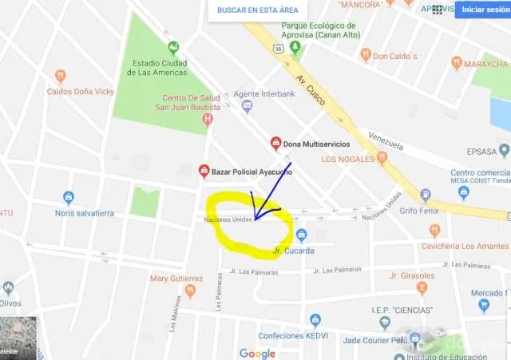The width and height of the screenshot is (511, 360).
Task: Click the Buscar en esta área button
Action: (x=257, y=10)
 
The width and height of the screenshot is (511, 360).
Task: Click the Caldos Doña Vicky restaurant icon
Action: (x=61, y=77)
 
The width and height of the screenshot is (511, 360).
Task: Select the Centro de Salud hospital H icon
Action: (x=208, y=120)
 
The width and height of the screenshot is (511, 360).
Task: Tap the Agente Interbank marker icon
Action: (x=247, y=105)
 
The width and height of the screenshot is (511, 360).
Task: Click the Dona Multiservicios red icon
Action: (x=276, y=144)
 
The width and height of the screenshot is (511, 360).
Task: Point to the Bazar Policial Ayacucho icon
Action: (x=204, y=171)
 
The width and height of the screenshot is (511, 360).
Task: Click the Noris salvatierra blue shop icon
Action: (x=69, y=197)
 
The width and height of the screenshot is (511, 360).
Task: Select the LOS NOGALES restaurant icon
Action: (x=382, y=158)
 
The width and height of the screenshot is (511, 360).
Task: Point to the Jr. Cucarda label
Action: (x=293, y=251)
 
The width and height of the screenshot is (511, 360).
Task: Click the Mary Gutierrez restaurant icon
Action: (x=190, y=291)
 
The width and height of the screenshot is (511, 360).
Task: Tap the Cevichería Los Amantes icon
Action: (x=434, y=231)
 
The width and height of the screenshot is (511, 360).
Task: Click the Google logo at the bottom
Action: (x=257, y=354)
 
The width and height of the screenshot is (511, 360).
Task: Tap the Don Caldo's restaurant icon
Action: (x=366, y=55)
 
